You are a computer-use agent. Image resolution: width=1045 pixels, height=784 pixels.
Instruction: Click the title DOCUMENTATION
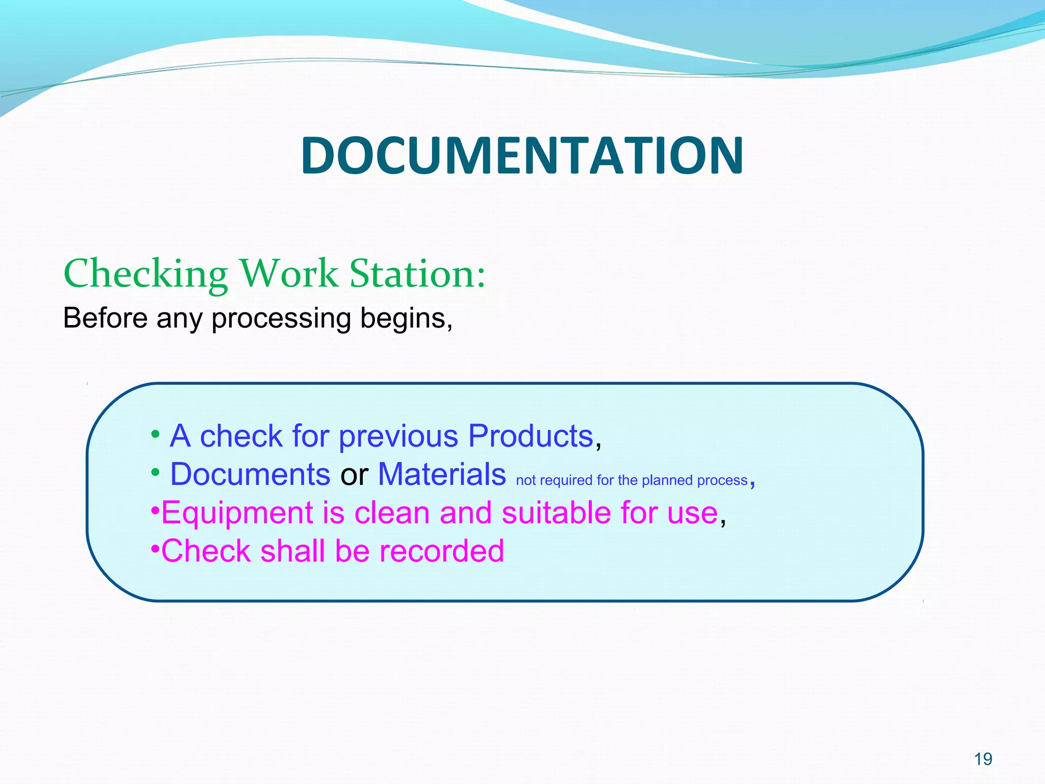pos(522,155)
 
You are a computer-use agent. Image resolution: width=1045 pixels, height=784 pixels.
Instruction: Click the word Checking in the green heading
pos(145,274)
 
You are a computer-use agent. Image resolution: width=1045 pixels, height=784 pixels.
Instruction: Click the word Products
pos(531,436)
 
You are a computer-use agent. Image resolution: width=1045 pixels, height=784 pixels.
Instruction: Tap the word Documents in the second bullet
pos(250,474)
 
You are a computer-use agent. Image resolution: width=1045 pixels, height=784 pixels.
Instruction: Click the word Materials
pos(442,474)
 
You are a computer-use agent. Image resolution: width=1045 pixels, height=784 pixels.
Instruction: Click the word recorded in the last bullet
pos(441,551)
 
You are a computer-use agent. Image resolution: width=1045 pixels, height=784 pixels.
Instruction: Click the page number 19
pos(983,759)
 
